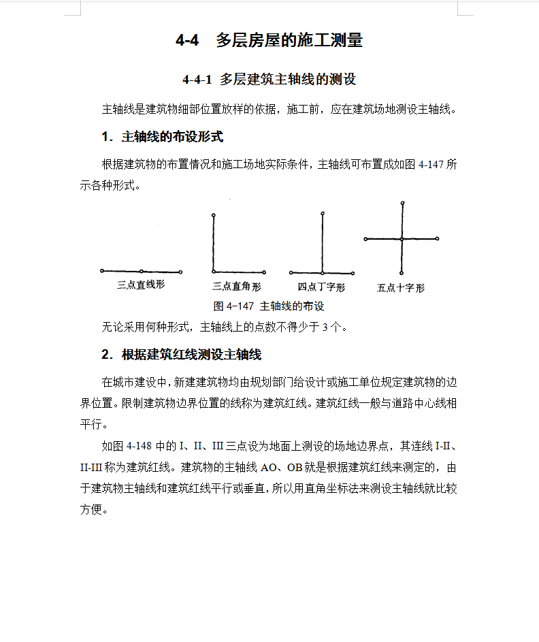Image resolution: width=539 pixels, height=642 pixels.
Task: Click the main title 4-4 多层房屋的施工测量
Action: [269, 41]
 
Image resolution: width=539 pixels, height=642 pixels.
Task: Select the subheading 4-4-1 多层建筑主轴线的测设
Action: [269, 80]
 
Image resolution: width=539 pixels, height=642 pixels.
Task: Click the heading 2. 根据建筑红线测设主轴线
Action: [181, 354]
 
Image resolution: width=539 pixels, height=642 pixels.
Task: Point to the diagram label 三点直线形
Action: [141, 285]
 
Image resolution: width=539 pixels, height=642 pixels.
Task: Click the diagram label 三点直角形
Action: [236, 287]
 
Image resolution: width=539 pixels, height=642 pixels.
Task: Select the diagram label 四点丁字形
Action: [321, 287]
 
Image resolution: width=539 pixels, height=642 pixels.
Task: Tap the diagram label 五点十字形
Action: [401, 288]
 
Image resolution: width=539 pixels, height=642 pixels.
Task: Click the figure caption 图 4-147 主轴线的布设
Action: [269, 306]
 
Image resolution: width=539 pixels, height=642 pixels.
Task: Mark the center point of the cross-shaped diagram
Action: [402, 239]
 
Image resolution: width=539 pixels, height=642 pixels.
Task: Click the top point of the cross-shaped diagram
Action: [402, 203]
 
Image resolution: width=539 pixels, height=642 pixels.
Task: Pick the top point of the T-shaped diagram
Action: [323, 214]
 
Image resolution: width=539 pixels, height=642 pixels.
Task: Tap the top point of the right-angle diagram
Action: [213, 216]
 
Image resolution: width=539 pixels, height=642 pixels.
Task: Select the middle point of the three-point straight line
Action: [142, 271]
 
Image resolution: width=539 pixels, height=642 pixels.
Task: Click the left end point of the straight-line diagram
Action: [102, 270]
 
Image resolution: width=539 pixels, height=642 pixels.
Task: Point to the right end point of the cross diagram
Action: [438, 239]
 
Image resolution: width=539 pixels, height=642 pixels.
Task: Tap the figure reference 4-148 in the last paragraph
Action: [140, 447]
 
